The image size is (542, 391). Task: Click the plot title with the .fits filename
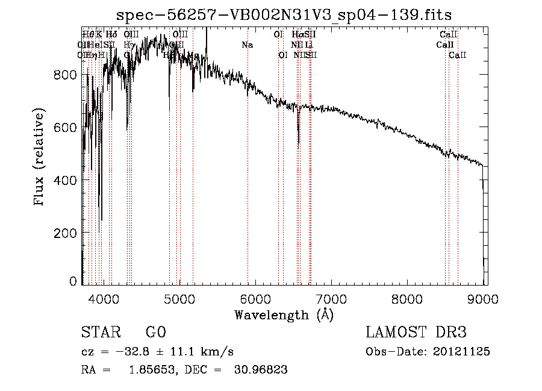(x=284, y=14)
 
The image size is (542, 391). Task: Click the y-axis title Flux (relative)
(x=40, y=158)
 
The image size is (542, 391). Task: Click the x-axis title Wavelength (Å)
(x=284, y=314)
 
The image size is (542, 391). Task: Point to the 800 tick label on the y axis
(x=65, y=75)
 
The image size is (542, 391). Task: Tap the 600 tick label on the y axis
(x=65, y=128)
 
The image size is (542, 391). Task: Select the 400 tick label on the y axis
(x=65, y=180)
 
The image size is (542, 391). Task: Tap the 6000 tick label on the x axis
(x=257, y=297)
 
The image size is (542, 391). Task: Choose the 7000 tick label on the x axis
(x=332, y=297)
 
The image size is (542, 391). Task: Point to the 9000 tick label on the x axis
(x=485, y=297)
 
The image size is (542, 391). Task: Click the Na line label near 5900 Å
(x=247, y=45)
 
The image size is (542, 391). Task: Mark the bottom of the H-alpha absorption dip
(x=299, y=145)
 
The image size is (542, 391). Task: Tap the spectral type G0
(x=155, y=333)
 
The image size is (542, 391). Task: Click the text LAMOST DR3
(x=416, y=333)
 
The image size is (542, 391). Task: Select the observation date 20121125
(x=461, y=352)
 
